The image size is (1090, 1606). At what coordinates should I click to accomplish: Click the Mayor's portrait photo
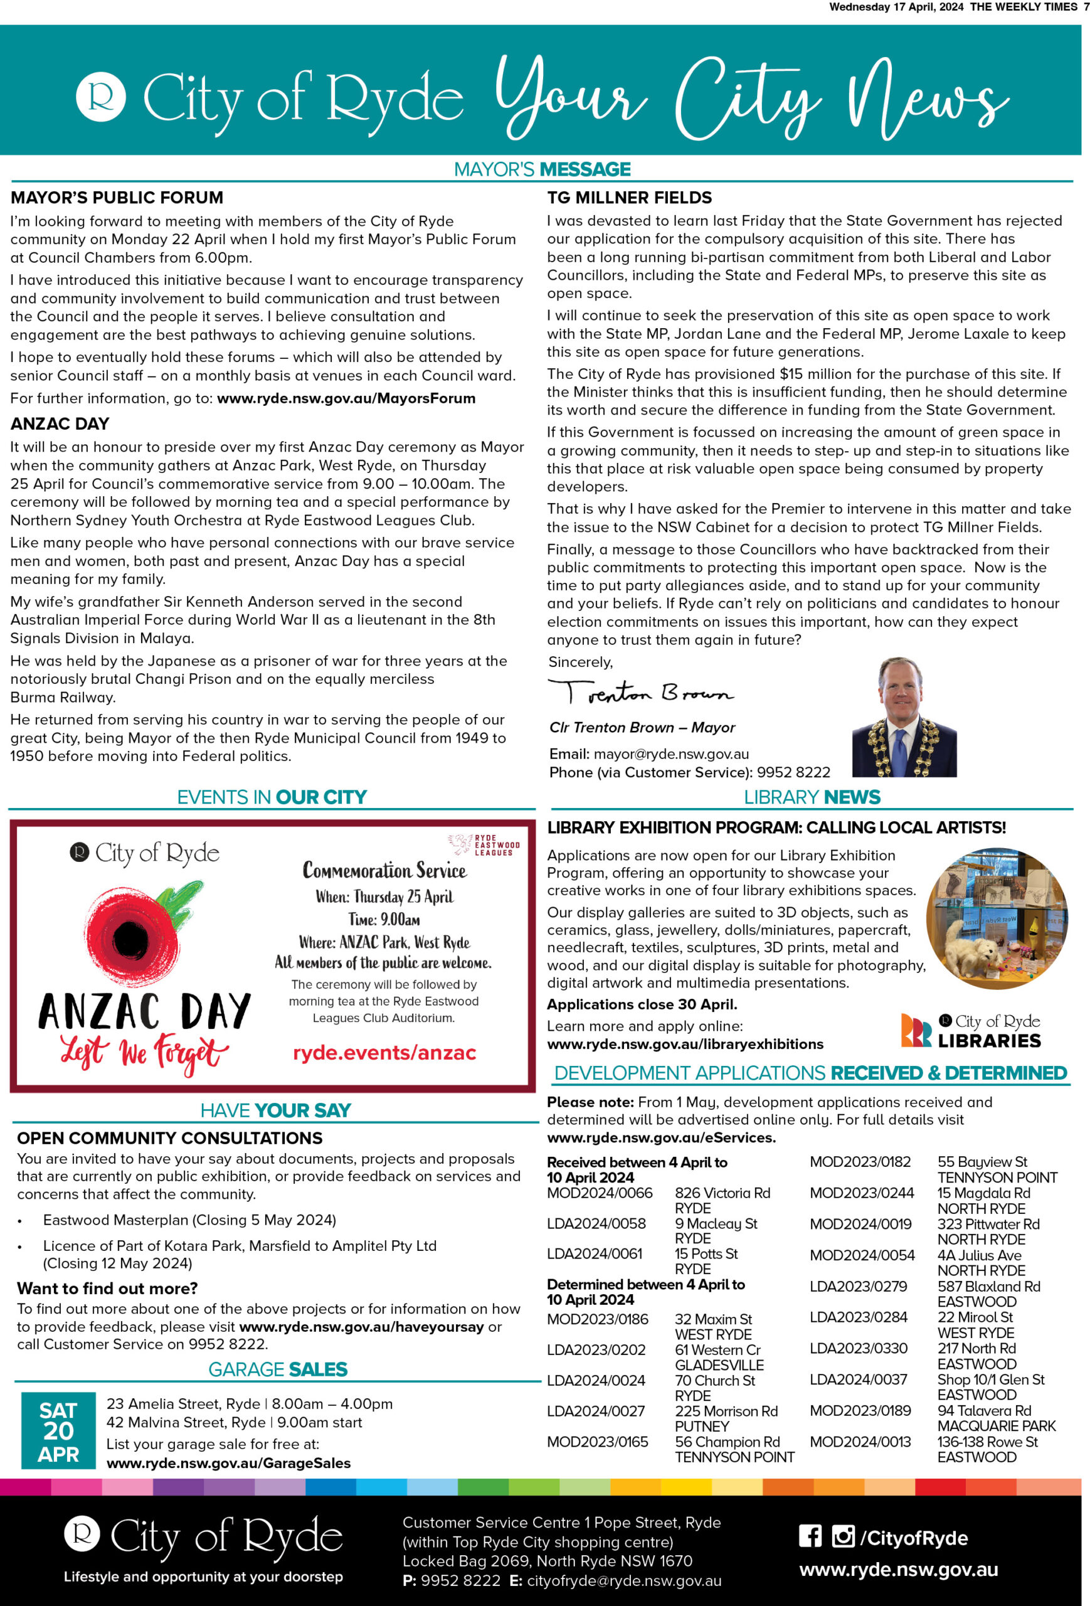(x=904, y=716)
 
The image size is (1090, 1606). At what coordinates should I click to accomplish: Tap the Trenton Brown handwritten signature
(x=640, y=693)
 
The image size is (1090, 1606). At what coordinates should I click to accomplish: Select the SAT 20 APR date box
(x=59, y=1430)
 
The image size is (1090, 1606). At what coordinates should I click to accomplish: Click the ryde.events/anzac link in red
(x=384, y=1053)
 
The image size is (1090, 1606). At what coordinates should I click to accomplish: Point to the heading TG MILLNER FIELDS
(x=628, y=198)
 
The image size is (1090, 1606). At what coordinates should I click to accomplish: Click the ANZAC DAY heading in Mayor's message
(x=60, y=423)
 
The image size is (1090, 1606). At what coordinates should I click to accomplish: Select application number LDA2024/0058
(x=596, y=1224)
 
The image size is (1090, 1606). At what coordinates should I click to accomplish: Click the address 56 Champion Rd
(x=727, y=1442)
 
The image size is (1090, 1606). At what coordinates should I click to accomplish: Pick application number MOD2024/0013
(x=860, y=1442)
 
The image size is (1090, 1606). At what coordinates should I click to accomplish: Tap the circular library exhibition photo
(x=996, y=918)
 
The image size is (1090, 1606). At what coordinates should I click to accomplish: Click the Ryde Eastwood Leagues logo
(x=484, y=844)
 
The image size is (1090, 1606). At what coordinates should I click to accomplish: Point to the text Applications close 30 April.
(x=642, y=1004)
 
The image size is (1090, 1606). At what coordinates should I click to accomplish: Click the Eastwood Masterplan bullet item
(x=189, y=1220)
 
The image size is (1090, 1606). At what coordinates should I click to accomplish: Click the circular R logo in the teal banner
(x=101, y=97)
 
